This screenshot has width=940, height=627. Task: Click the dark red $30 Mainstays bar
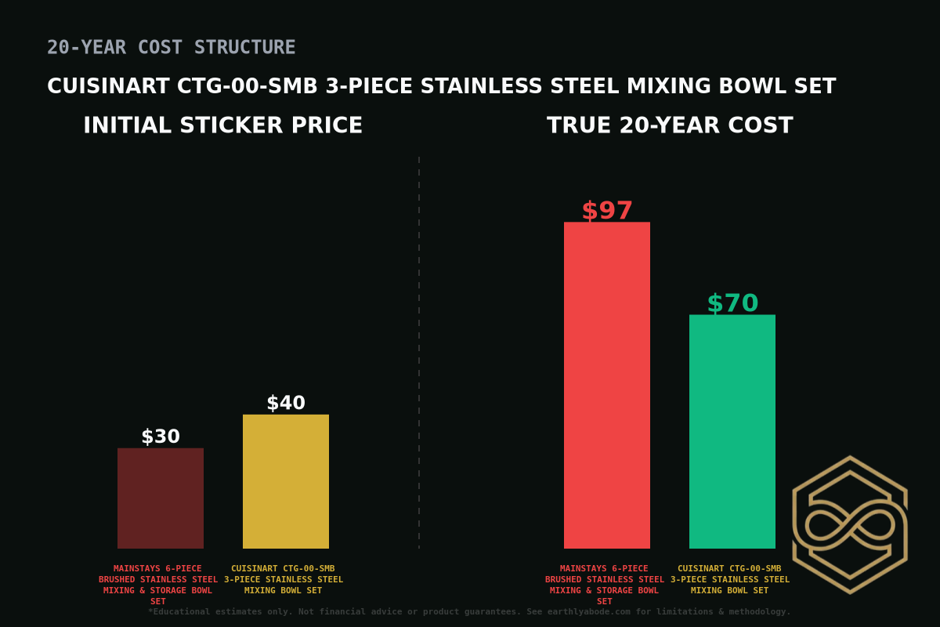161,498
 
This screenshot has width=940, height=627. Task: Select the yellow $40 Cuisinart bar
286,481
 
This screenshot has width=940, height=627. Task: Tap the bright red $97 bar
607,385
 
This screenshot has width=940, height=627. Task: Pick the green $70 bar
732,431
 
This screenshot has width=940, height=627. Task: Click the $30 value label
161,437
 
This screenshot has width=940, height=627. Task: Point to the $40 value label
286,404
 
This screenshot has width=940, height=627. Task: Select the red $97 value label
607,211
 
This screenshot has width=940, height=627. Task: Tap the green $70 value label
732,303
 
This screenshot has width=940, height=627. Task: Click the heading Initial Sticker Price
222,126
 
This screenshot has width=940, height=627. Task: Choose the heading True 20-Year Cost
670,126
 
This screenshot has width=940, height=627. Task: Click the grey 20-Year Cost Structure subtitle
172,48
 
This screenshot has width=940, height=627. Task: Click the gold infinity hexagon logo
850,524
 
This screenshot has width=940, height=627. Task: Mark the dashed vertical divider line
419,353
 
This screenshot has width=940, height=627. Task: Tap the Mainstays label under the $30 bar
158,585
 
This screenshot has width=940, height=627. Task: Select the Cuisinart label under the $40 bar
284,579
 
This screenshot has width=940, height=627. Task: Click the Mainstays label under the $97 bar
605,585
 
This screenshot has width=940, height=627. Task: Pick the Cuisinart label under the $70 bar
730,579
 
